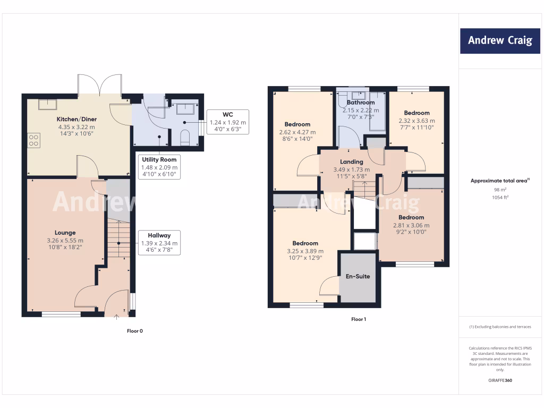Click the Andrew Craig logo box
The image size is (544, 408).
tap(499, 40)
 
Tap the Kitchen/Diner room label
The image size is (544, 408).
tap(76, 120)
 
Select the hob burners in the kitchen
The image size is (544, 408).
tap(33, 140)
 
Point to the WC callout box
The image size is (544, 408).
tap(228, 122)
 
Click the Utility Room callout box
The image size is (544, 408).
tap(159, 167)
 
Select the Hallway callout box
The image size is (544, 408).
tap(159, 243)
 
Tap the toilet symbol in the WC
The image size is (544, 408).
tap(185, 137)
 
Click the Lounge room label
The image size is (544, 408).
tap(65, 233)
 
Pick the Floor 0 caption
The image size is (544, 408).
tap(134, 331)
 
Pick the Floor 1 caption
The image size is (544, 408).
tap(359, 319)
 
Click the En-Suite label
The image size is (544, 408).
tap(358, 276)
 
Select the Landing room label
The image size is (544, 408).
tap(351, 161)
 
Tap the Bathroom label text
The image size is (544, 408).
tap(361, 103)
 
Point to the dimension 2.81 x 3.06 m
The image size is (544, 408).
tap(411, 225)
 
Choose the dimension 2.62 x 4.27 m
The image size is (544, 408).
tap(297, 132)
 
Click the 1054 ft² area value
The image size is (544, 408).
tap(500, 197)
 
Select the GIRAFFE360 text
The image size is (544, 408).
tap(500, 380)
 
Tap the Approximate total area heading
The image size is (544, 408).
tap(500, 181)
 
